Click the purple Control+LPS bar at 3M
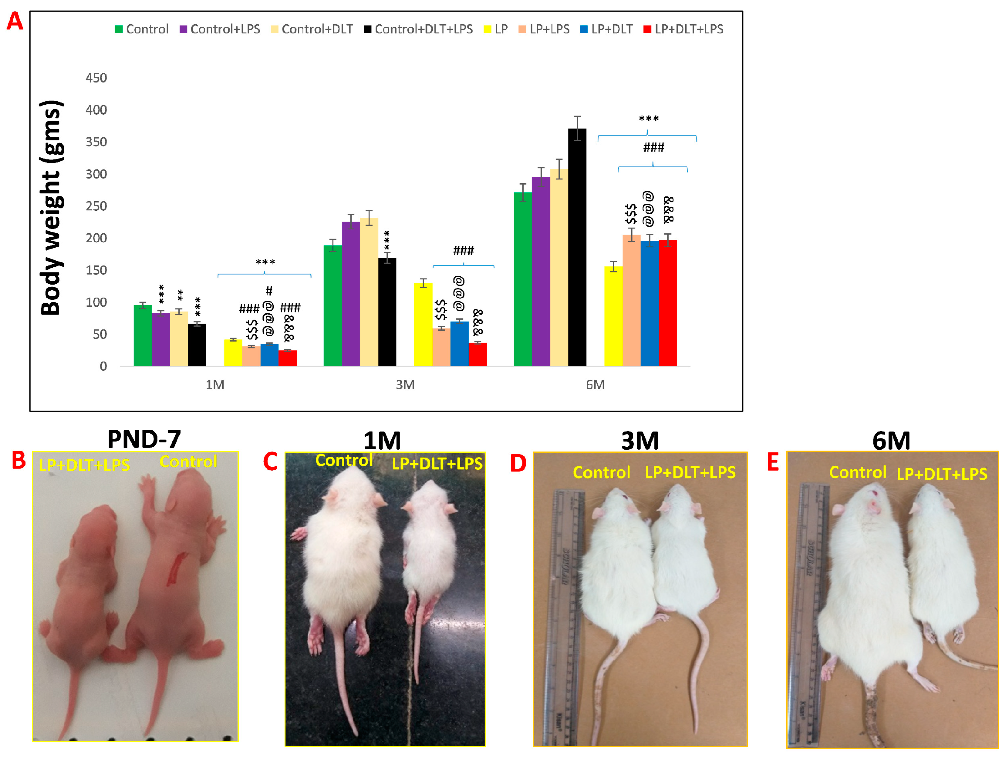click(x=351, y=294)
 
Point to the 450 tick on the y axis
click(x=96, y=78)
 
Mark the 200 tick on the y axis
click(x=96, y=238)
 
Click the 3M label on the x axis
click(x=405, y=385)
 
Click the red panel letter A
click(x=15, y=21)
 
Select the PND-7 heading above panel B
click(x=144, y=439)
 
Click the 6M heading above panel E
click(x=891, y=441)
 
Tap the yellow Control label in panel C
click(x=344, y=460)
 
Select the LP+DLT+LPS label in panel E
click(x=941, y=474)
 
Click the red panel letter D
click(x=518, y=464)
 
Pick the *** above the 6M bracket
click(x=648, y=119)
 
